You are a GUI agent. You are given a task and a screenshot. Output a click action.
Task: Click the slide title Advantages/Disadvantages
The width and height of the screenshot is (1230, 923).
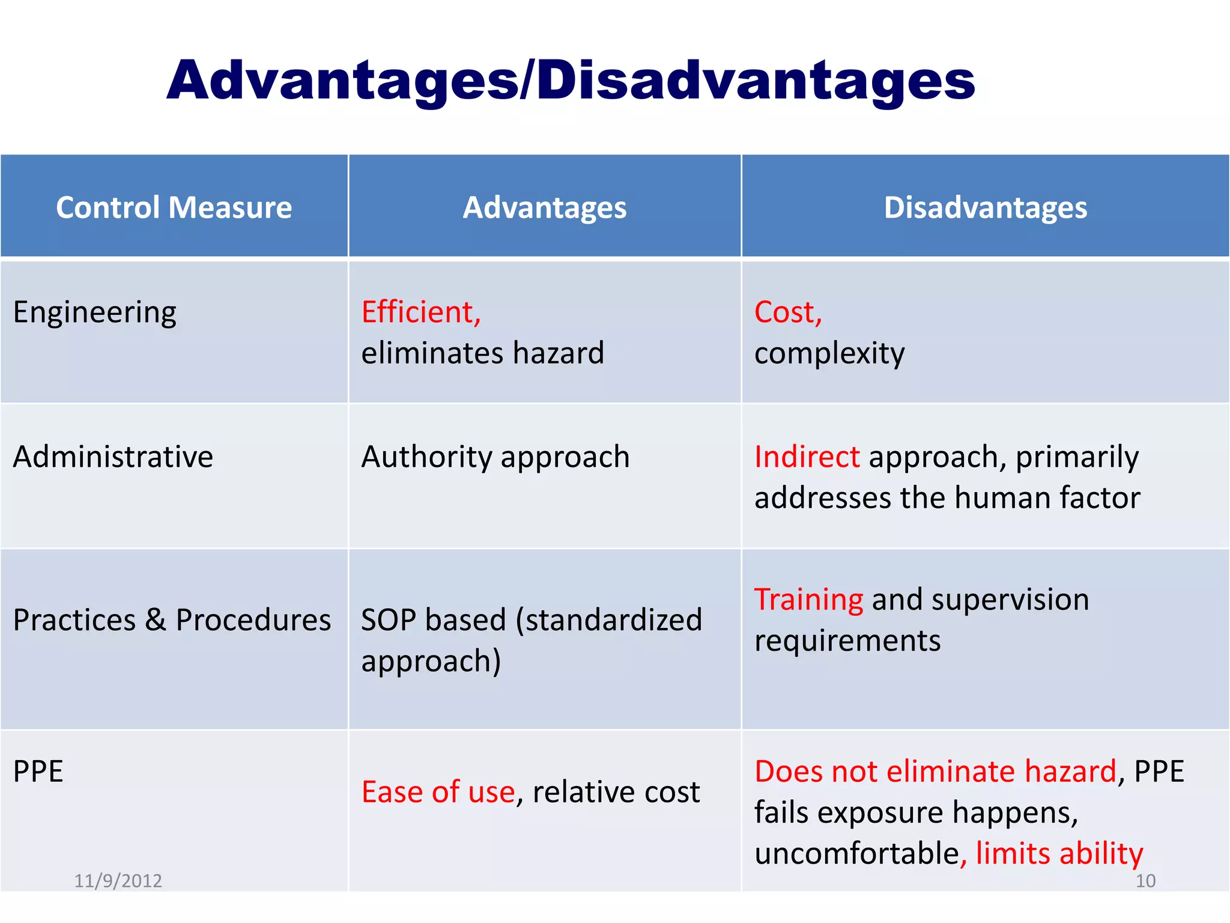571,81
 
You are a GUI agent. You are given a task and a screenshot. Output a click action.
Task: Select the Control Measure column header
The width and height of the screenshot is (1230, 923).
174,207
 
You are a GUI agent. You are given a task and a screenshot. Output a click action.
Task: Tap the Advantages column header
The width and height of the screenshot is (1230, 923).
544,207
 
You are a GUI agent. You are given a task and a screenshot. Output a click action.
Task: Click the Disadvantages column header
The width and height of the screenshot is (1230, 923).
985,207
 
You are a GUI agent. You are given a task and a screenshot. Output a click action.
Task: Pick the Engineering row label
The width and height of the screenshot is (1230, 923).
95,312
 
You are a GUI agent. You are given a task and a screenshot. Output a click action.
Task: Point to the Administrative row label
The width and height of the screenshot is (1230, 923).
113,457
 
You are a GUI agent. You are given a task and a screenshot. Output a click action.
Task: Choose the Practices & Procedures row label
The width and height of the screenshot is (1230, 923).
172,620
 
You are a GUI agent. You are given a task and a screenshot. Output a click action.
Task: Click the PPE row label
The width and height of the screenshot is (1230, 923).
38,771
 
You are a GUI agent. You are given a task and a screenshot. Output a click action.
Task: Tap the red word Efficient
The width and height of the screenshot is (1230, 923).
420,312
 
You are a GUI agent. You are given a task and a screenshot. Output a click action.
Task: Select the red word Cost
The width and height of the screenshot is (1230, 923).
787,312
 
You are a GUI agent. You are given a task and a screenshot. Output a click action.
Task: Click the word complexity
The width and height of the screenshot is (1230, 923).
829,353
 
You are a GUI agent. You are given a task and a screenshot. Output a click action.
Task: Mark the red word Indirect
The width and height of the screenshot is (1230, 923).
807,457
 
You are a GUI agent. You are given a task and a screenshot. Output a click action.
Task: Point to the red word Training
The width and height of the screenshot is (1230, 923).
808,600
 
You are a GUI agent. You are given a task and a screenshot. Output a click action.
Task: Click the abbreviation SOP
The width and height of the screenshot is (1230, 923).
388,620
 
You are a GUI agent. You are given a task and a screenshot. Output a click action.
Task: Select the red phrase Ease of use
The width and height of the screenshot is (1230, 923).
438,791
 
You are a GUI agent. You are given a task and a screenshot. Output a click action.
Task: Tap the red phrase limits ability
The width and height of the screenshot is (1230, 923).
1059,853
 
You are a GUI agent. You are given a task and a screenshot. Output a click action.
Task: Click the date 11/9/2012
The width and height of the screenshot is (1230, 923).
118,880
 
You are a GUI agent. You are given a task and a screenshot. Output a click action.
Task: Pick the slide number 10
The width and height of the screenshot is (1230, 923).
1145,880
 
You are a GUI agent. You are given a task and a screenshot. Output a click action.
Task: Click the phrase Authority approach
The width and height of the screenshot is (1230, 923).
495,457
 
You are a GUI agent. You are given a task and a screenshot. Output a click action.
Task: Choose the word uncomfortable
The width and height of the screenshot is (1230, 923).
856,853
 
